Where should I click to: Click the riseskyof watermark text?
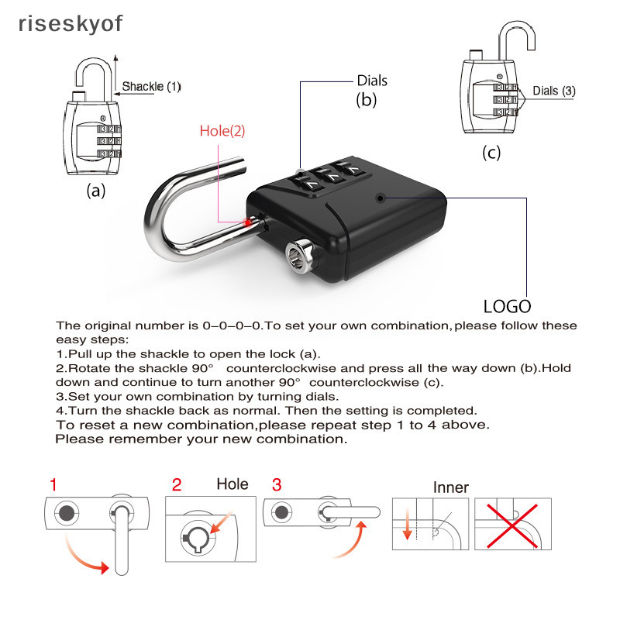pyautogui.click(x=70, y=23)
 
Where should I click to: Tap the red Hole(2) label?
pyautogui.click(x=222, y=131)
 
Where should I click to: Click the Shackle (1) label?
pyautogui.click(x=151, y=87)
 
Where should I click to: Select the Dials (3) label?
pyautogui.click(x=554, y=91)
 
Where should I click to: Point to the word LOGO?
pyautogui.click(x=507, y=306)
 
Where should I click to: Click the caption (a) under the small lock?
pyautogui.click(x=95, y=191)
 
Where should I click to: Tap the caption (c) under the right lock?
pyautogui.click(x=492, y=152)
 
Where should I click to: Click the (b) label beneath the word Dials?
pyautogui.click(x=366, y=99)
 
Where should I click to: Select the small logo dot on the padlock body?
pyautogui.click(x=380, y=198)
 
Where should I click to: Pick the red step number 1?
pyautogui.click(x=53, y=485)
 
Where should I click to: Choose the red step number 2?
pyautogui.click(x=177, y=485)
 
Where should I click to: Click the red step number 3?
pyautogui.click(x=277, y=485)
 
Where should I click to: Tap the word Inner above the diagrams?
pyautogui.click(x=450, y=487)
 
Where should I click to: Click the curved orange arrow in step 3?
pyautogui.click(x=353, y=542)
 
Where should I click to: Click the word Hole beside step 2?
pyautogui.click(x=232, y=484)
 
